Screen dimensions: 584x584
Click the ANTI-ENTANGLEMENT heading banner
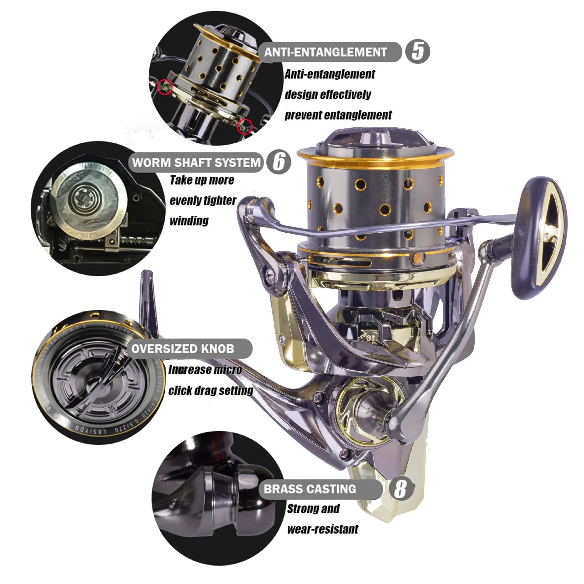point(325,52)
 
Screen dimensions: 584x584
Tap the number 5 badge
point(418,52)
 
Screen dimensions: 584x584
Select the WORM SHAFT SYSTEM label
point(196,162)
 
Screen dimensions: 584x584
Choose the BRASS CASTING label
point(310,489)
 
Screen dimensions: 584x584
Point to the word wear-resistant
point(323,529)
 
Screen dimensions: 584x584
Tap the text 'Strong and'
point(313,509)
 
